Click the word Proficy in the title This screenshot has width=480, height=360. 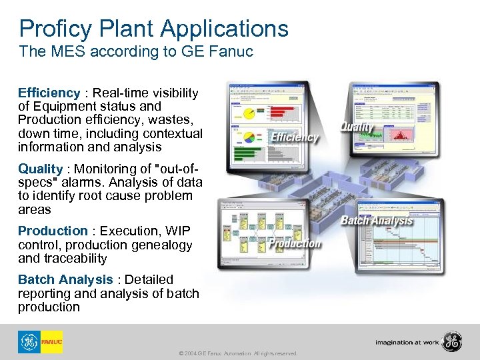pyautogui.click(x=55, y=29)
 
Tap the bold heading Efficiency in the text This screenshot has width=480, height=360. pyautogui.click(x=49, y=93)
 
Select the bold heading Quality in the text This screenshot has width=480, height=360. pyautogui.click(x=40, y=169)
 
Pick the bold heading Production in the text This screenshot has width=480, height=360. pyautogui.click(x=53, y=231)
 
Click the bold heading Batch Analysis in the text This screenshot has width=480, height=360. pyautogui.click(x=65, y=279)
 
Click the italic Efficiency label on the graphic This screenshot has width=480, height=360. pyautogui.click(x=294, y=137)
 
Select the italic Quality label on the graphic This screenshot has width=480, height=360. pyautogui.click(x=357, y=127)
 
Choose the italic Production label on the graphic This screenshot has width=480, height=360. pyautogui.click(x=295, y=243)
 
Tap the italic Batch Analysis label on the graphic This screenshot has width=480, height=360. pyautogui.click(x=377, y=221)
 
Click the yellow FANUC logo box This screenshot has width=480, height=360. pyautogui.click(x=51, y=342)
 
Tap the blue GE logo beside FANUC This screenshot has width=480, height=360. pyautogui.click(x=29, y=342)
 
